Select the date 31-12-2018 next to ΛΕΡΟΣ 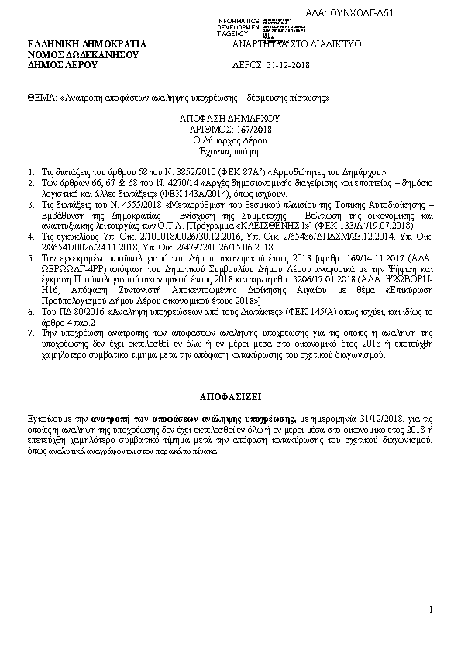(287, 66)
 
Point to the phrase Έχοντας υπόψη (230, 150)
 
